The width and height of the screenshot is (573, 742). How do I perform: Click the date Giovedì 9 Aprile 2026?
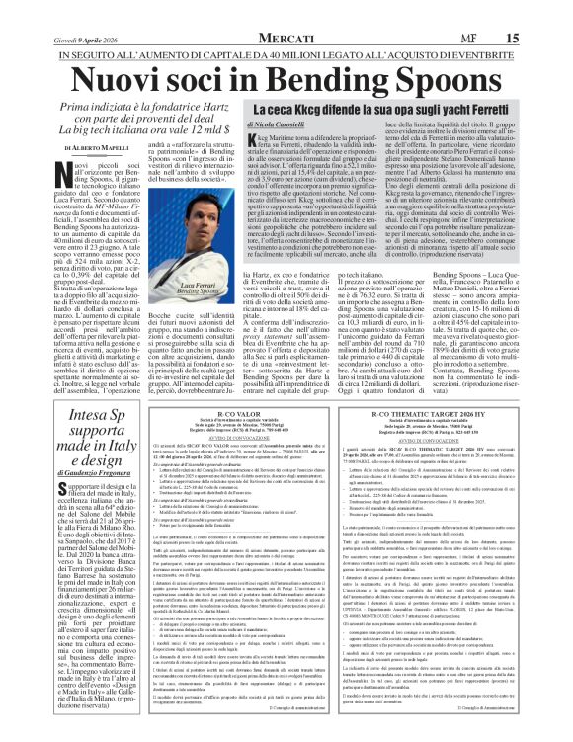(53, 12)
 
